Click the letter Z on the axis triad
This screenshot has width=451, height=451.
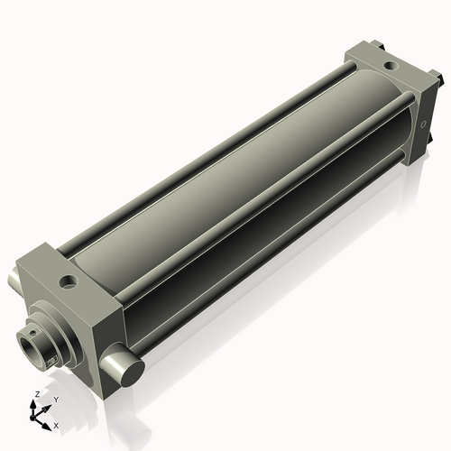pos(35,395)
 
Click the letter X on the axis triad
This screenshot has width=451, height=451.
pos(56,424)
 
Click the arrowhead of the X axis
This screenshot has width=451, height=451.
pos(48,422)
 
